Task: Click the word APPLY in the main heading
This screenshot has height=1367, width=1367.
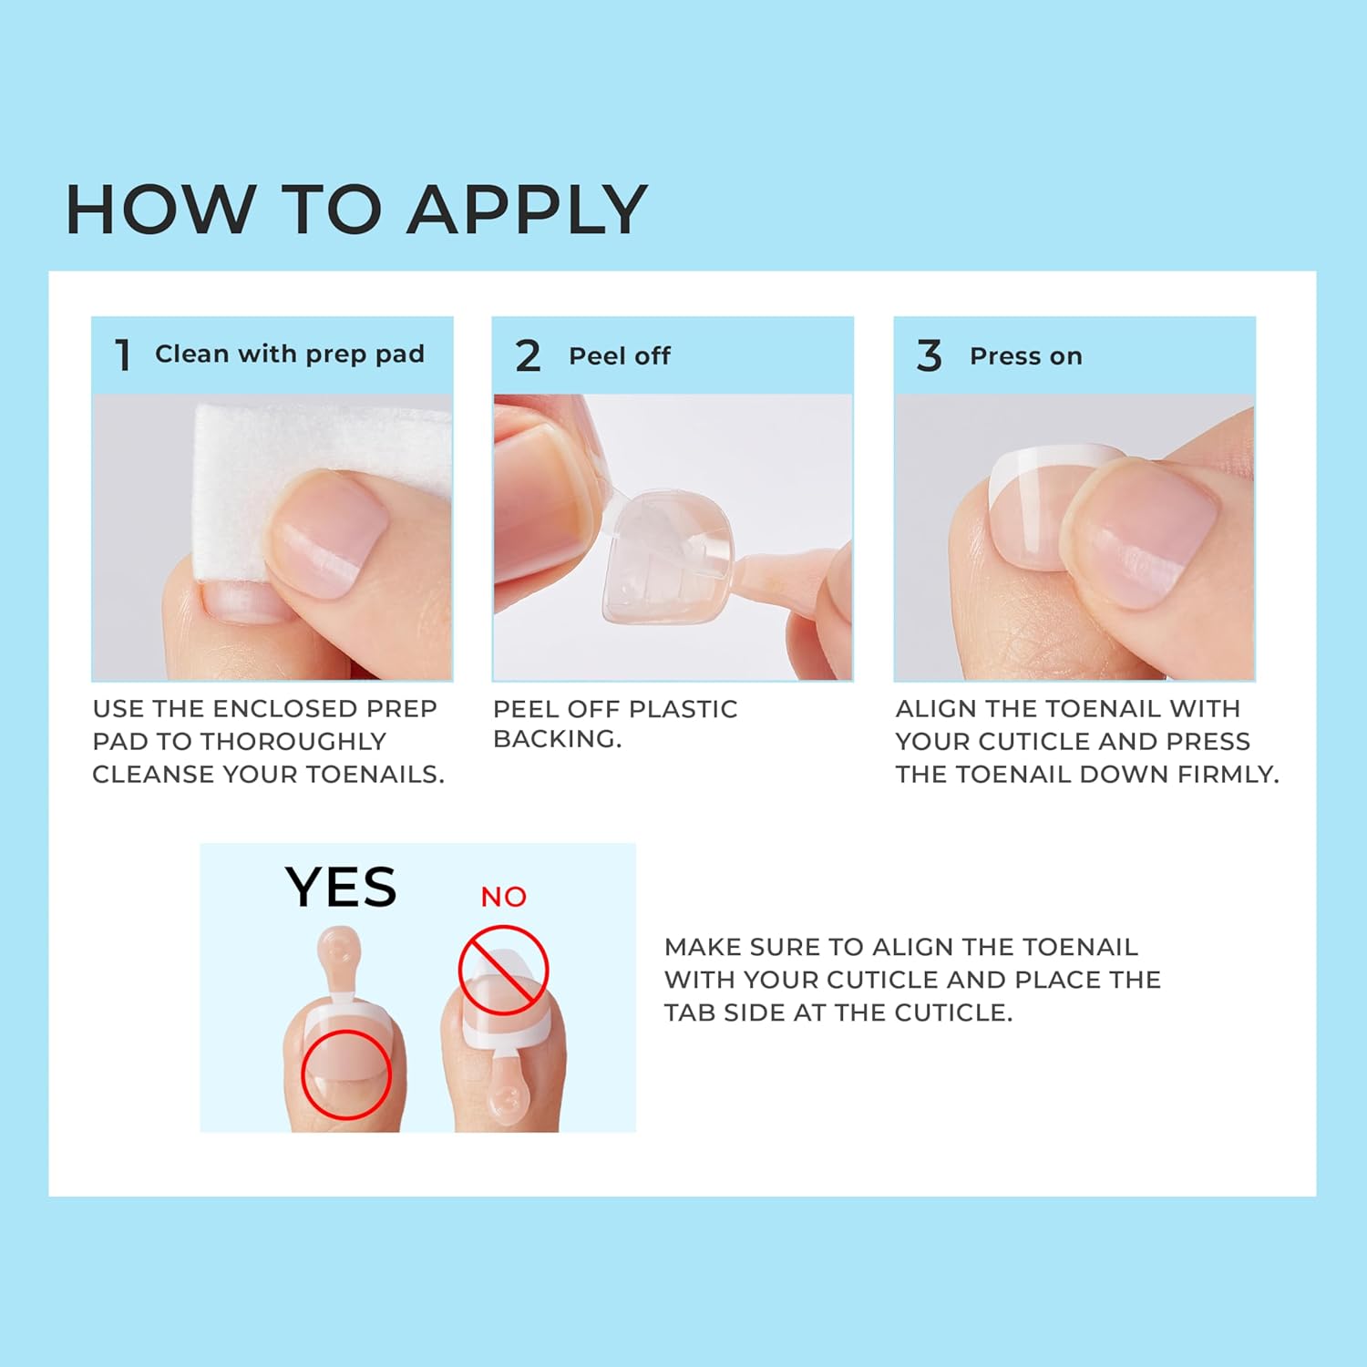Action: tap(527, 210)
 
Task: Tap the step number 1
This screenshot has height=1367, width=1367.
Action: tap(123, 355)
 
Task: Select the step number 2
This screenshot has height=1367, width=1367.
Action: tap(528, 355)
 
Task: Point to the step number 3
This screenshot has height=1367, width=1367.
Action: tap(929, 355)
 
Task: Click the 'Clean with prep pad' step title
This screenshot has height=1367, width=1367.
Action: tap(290, 354)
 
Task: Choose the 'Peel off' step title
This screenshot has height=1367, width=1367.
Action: tap(620, 355)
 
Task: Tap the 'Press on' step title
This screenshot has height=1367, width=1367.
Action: tap(1026, 356)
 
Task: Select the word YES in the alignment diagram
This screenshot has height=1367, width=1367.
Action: tap(341, 887)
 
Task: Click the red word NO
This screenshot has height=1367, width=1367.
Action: tap(504, 897)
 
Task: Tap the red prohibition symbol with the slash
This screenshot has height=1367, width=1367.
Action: tap(503, 970)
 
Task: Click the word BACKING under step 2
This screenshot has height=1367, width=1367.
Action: tap(558, 739)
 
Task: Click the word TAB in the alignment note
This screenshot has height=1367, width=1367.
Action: tap(690, 1012)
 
